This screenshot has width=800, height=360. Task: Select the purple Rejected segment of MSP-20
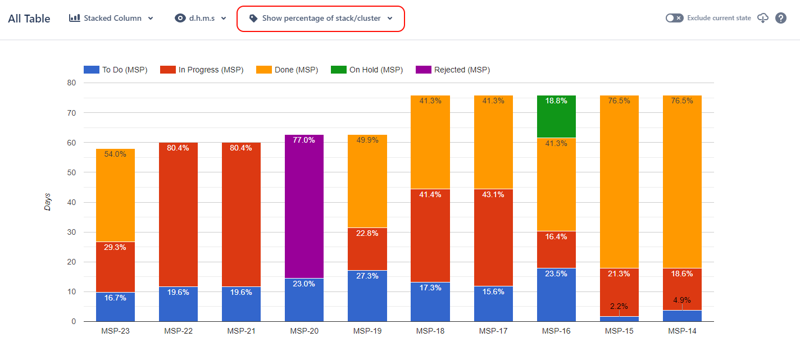(x=304, y=208)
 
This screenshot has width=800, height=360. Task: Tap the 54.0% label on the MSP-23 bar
(x=115, y=154)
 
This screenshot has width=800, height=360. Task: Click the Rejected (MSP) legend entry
(x=453, y=70)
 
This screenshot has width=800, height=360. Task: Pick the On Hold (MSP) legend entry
(x=369, y=70)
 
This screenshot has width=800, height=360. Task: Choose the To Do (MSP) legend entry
(x=116, y=70)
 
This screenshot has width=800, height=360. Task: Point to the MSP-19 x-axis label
(x=367, y=331)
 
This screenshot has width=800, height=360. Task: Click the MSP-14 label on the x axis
(x=682, y=331)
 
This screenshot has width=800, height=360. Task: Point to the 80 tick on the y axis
(x=72, y=83)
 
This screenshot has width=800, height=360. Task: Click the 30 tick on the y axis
(x=72, y=232)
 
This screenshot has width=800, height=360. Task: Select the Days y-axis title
(x=48, y=202)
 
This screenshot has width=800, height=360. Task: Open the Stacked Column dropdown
(x=111, y=18)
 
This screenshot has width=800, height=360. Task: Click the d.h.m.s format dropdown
(x=201, y=18)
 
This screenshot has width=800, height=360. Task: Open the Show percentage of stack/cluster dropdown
(x=321, y=19)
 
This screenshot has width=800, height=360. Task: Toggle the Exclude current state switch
(x=674, y=18)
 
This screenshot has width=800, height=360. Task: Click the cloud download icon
(x=763, y=18)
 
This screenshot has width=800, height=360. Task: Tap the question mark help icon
(x=781, y=18)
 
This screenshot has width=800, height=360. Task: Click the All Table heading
(x=29, y=19)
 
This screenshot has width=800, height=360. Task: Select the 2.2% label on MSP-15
(x=619, y=306)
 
